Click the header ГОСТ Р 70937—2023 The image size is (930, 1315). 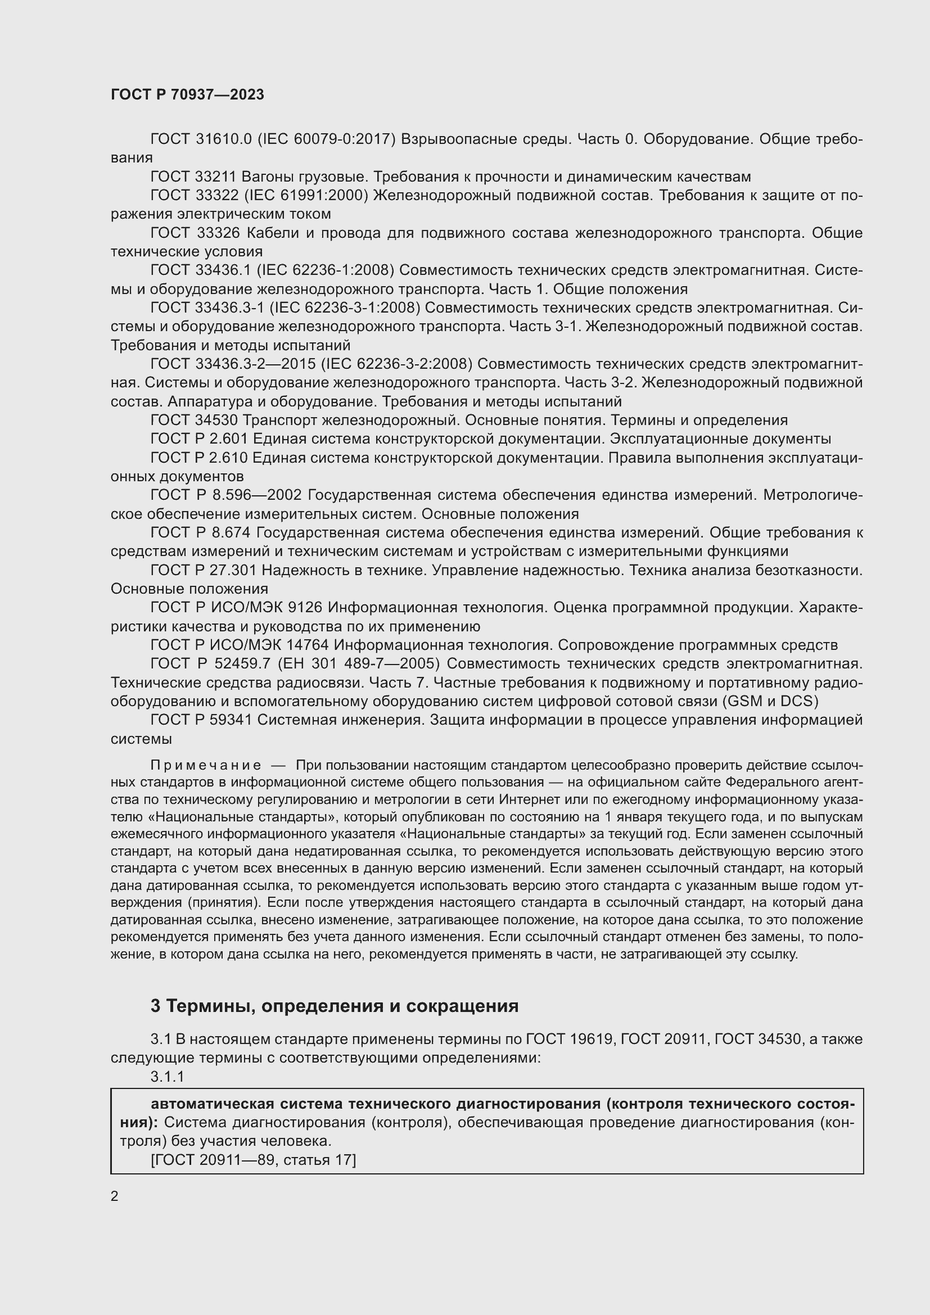(187, 95)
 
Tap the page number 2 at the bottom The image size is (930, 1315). (115, 1196)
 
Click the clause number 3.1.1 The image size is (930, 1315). (167, 1076)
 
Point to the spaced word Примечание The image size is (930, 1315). (206, 765)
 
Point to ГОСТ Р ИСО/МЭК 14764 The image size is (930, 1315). (240, 645)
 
